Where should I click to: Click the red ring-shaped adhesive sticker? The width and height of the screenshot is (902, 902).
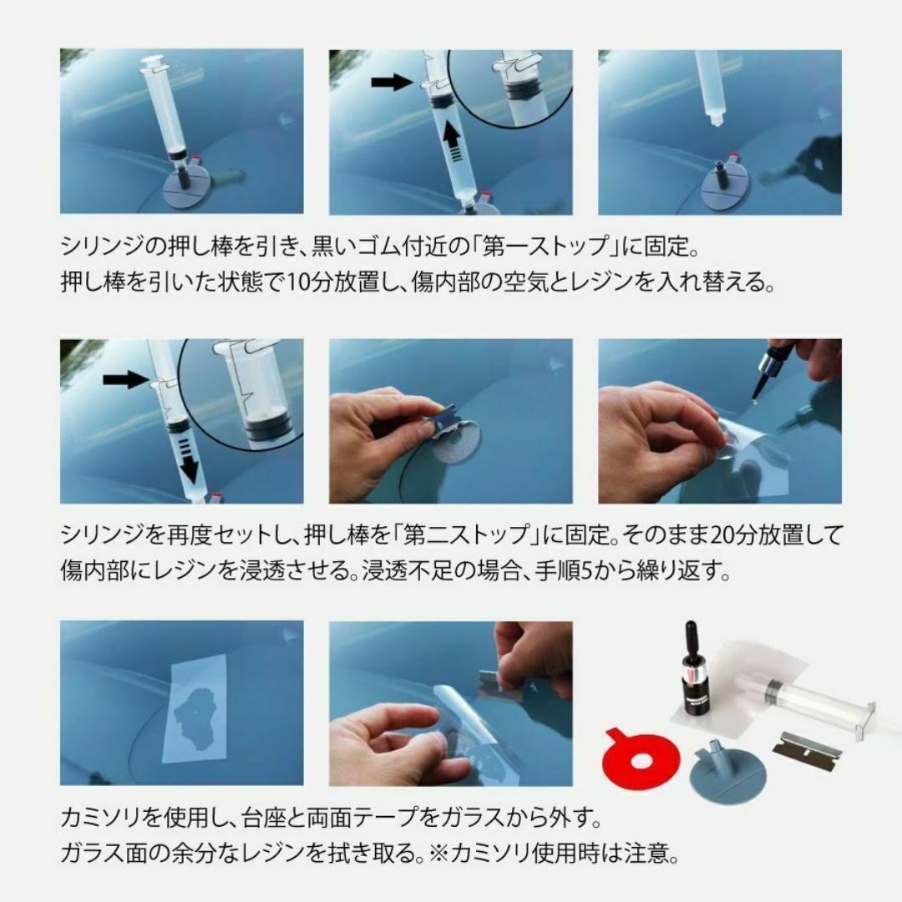[x=642, y=758]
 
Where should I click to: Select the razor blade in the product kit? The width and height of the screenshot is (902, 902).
[x=807, y=746]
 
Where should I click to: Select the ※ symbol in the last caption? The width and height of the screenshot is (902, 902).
[x=439, y=853]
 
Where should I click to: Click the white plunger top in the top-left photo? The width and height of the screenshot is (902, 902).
[x=153, y=61]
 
